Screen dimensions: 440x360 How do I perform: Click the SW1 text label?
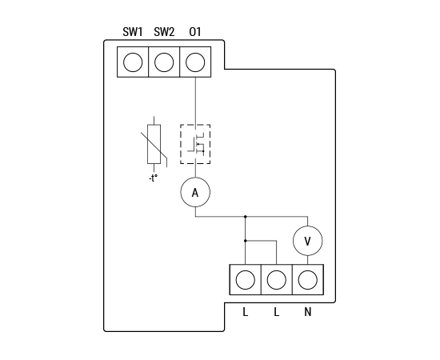pyautogui.click(x=133, y=32)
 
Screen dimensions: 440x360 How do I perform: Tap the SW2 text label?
pyautogui.click(x=164, y=32)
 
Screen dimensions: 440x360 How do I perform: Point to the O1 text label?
pyautogui.click(x=195, y=32)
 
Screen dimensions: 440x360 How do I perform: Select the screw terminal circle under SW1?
pyautogui.click(x=133, y=62)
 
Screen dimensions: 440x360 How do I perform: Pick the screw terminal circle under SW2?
pyautogui.click(x=164, y=62)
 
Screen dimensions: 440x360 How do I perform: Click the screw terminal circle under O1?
pyautogui.click(x=195, y=62)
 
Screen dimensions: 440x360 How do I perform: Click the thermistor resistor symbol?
pyautogui.click(x=154, y=144)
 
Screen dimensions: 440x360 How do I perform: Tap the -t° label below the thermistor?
pyautogui.click(x=154, y=178)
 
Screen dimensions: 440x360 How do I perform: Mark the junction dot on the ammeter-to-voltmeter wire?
pyautogui.click(x=246, y=217)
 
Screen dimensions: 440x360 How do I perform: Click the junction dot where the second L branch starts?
pyautogui.click(x=246, y=241)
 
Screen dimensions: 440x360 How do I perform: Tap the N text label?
pyautogui.click(x=308, y=312)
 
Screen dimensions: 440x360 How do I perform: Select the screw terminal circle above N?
pyautogui.click(x=308, y=280)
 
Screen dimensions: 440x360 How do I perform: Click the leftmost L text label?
pyautogui.click(x=246, y=312)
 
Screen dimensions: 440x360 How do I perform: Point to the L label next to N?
pyautogui.click(x=277, y=312)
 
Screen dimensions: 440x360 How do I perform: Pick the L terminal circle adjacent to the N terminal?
pyautogui.click(x=277, y=280)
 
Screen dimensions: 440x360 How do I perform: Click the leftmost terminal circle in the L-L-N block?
pyautogui.click(x=246, y=280)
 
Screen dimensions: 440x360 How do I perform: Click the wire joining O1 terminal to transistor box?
pyautogui.click(x=195, y=101)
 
